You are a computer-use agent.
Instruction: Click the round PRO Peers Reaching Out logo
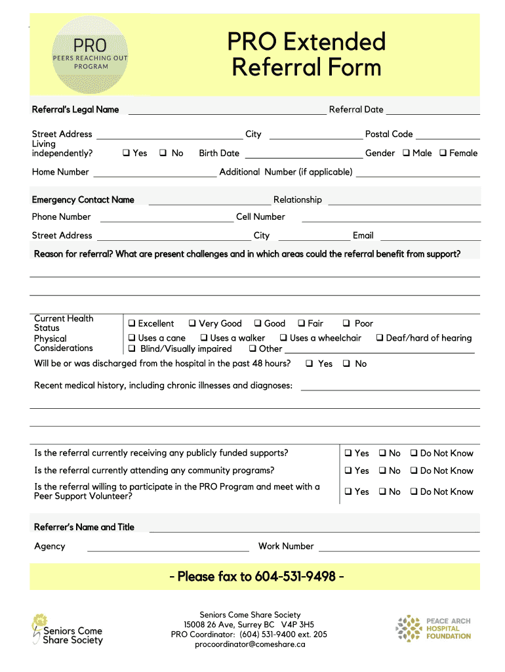click(x=90, y=56)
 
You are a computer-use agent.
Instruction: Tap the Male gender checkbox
click(x=406, y=153)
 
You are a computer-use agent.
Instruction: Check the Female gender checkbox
click(x=443, y=153)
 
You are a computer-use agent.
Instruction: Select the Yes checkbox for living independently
click(x=126, y=153)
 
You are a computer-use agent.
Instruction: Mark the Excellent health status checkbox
click(x=132, y=324)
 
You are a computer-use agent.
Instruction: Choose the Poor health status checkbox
click(x=346, y=324)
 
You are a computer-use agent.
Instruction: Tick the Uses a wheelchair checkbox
click(x=283, y=338)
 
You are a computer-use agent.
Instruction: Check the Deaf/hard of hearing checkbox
click(x=379, y=338)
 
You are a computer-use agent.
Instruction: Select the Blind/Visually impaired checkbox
click(x=132, y=348)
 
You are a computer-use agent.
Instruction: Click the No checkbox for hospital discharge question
click(x=346, y=364)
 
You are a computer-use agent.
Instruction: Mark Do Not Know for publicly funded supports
click(x=414, y=453)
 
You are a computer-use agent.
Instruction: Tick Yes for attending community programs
click(x=348, y=471)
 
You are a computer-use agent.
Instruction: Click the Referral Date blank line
click(x=433, y=113)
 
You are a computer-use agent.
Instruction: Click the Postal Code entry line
click(x=448, y=138)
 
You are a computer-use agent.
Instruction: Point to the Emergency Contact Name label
click(x=83, y=199)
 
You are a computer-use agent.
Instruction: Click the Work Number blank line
click(x=398, y=550)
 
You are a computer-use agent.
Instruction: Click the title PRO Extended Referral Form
click(x=306, y=54)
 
